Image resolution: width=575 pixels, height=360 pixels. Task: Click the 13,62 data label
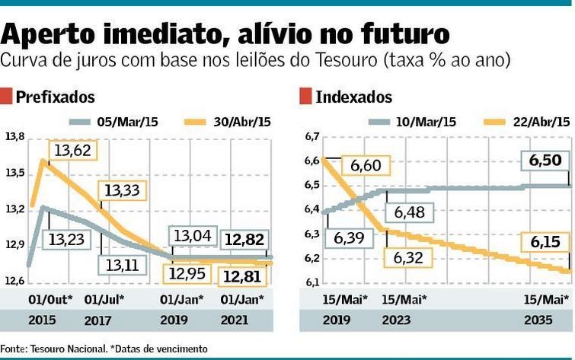pyautogui.click(x=72, y=151)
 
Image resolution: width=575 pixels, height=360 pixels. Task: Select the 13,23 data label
pyautogui.click(x=68, y=240)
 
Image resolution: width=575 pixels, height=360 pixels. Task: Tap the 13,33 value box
pyautogui.click(x=121, y=191)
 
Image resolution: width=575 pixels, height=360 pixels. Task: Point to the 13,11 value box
pyautogui.click(x=123, y=264)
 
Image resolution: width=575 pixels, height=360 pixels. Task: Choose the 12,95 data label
pyautogui.click(x=189, y=273)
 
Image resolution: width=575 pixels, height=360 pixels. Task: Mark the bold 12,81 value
pyautogui.click(x=244, y=276)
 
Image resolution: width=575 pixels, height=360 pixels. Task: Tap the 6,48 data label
pyautogui.click(x=407, y=212)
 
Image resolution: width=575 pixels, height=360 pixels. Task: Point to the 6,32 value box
pyautogui.click(x=408, y=258)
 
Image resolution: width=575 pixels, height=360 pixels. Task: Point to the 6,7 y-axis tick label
pyautogui.click(x=310, y=137)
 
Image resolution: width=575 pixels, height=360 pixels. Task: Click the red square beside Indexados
pyautogui.click(x=305, y=96)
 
